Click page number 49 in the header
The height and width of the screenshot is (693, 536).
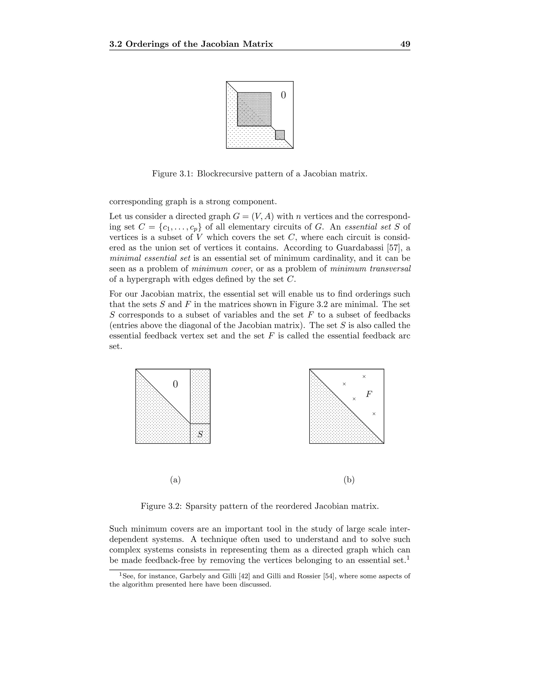(x=405, y=44)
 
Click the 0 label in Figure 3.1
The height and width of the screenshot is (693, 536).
(x=283, y=95)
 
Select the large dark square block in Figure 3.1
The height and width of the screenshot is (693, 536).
(x=254, y=109)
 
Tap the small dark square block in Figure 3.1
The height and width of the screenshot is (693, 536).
(x=280, y=135)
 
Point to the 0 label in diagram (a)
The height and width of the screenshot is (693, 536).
(x=175, y=384)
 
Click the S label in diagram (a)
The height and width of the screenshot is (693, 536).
(x=200, y=434)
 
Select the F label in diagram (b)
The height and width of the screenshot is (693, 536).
(x=369, y=394)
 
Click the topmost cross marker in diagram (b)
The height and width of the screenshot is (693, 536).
(x=364, y=377)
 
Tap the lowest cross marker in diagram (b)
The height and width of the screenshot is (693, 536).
(x=374, y=414)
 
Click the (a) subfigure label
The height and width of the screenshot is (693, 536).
(x=175, y=480)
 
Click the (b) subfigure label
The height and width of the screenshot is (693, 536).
(x=349, y=480)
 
